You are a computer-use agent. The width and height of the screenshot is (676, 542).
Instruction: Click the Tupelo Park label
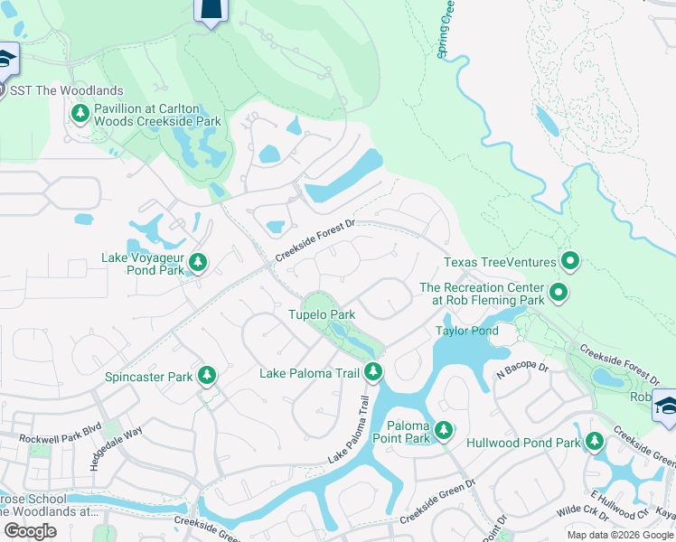(x=321, y=314)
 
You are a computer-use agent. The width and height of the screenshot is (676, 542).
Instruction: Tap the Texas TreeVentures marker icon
(x=570, y=262)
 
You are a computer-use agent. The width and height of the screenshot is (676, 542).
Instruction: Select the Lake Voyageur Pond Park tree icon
(x=199, y=263)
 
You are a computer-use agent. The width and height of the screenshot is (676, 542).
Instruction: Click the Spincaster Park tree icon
(x=207, y=375)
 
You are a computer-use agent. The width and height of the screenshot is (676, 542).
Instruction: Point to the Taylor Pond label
(x=467, y=331)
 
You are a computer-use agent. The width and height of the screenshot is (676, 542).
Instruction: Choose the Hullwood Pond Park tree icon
(x=594, y=442)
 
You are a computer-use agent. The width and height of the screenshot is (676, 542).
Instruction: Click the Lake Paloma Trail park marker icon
(x=373, y=371)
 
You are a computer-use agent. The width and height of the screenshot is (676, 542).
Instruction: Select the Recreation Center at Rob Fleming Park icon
(x=559, y=293)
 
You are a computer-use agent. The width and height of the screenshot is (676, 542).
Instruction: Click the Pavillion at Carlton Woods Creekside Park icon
(x=80, y=113)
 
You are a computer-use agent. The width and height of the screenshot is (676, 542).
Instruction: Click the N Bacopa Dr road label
(x=521, y=368)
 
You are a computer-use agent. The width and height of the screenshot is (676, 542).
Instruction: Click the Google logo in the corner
(x=30, y=531)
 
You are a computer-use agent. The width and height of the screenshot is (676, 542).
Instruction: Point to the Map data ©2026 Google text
(x=620, y=535)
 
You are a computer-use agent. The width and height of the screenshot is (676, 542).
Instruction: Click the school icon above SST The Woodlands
(x=5, y=59)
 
